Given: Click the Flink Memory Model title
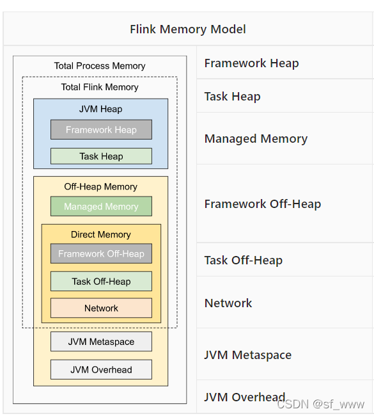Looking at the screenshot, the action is (188, 29).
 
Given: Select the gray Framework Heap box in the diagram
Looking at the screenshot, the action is (101, 129).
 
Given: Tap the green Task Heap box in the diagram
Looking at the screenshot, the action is (101, 156).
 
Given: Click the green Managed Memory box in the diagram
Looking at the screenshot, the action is (101, 206).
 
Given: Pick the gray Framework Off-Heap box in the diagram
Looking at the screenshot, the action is (101, 253).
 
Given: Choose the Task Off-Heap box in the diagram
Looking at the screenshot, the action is (101, 281).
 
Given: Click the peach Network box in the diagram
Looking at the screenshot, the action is (101, 308).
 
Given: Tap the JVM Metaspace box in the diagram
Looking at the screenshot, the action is (101, 342).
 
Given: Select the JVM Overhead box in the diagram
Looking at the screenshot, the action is (101, 369).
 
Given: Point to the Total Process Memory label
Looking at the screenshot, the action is (100, 66).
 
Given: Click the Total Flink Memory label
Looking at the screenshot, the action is (100, 87).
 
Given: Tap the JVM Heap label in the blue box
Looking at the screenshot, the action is (101, 109).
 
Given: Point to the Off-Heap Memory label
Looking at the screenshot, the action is (101, 186).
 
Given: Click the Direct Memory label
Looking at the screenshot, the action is (101, 234).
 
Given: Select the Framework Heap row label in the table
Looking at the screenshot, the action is (251, 63).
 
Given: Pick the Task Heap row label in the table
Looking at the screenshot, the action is (233, 96).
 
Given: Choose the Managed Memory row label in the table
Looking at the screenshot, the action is (256, 139).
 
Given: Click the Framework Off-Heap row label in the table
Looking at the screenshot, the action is (263, 204).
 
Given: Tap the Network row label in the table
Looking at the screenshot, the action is (228, 303).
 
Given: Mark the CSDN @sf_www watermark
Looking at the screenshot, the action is (321, 404).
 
